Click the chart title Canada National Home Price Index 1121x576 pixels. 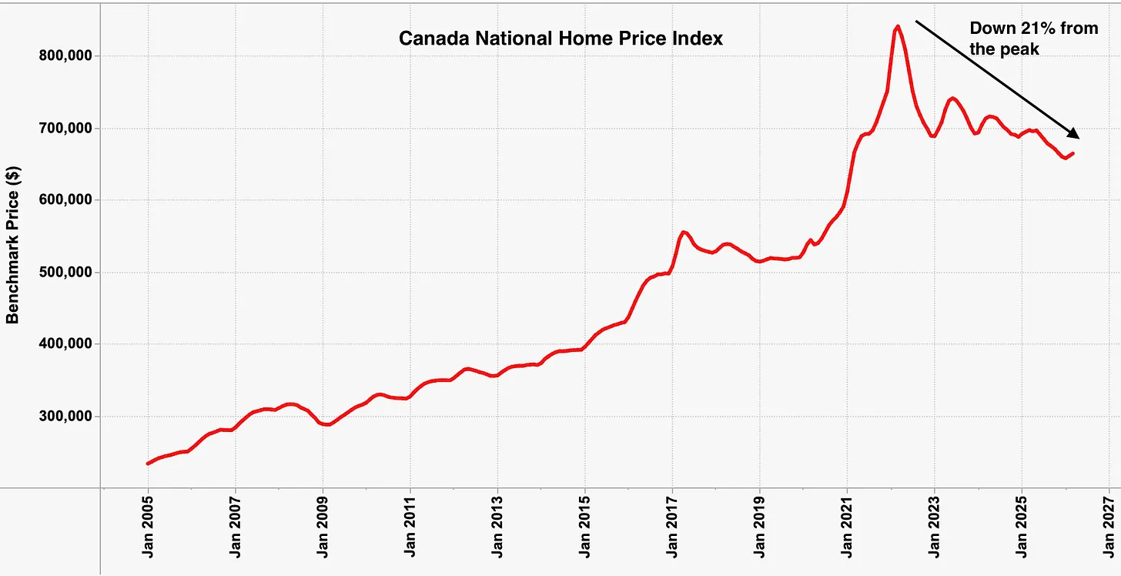tap(560, 39)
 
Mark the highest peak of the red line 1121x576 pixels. tap(897, 27)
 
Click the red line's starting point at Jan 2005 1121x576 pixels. tap(148, 464)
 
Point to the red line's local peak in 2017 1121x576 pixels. tap(683, 232)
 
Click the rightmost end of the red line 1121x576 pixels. tap(1073, 153)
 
